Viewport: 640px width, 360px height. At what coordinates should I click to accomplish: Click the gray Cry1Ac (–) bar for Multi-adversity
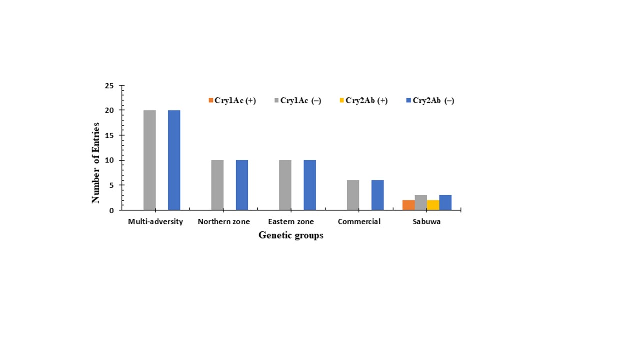149,160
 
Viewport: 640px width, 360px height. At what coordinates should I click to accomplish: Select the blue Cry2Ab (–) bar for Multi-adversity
174,160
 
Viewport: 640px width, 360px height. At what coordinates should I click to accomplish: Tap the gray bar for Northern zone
217,185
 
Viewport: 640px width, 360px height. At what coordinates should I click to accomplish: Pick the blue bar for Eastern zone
310,185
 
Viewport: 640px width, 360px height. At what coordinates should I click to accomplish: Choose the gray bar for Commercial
353,195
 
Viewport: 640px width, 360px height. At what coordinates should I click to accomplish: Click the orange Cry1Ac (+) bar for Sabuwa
408,205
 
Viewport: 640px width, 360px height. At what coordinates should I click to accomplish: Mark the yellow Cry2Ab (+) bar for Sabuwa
433,205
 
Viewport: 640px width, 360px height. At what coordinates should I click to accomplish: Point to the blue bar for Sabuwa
445,203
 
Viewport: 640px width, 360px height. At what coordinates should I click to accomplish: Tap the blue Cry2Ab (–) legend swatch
409,101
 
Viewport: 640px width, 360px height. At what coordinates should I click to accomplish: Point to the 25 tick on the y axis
109,86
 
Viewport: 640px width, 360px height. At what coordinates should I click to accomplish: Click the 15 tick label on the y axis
109,135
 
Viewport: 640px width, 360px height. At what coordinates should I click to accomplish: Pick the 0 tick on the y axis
111,210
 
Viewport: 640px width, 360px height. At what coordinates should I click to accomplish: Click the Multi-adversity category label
155,222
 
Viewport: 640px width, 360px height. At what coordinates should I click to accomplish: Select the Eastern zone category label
291,222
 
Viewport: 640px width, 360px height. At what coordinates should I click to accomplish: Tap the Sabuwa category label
426,222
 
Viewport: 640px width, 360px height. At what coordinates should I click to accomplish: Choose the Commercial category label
359,222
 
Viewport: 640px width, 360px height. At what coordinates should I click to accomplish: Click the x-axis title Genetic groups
291,235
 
